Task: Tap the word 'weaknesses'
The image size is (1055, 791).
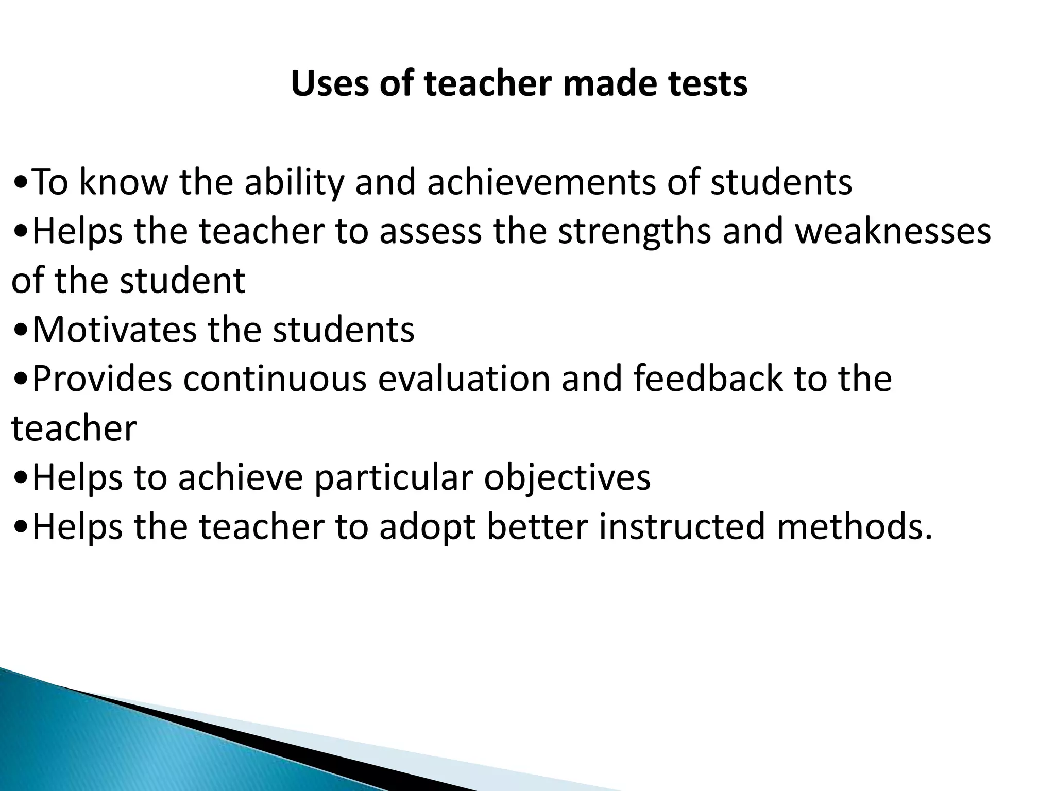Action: pos(893,232)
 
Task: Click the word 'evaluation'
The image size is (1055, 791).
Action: pos(464,379)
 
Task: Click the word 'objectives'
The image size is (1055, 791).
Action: pos(567,478)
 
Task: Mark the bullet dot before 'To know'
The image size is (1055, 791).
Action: pos(21,184)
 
